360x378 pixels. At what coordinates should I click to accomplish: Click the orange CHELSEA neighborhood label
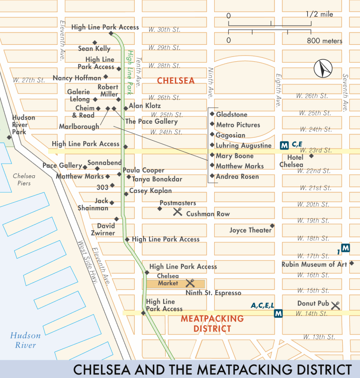[x=175, y=81]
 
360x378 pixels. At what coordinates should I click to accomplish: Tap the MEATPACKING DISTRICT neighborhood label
[x=212, y=323]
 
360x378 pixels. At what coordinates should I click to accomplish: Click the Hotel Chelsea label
[x=291, y=161]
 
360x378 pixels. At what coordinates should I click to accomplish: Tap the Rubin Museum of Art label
[x=314, y=264]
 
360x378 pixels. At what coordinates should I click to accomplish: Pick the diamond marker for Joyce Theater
[x=272, y=226]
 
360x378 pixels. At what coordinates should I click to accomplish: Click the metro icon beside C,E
[x=284, y=145]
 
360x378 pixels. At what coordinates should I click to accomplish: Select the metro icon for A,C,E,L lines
[x=279, y=314]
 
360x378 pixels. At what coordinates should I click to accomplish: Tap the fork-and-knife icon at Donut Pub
[x=335, y=306]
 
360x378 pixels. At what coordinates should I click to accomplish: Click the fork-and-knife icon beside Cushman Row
[x=177, y=212]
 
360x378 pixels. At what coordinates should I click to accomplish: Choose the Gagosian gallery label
[x=230, y=135]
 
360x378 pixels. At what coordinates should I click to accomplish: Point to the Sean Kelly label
[x=94, y=49]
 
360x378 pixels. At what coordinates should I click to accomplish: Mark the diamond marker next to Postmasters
[x=159, y=208]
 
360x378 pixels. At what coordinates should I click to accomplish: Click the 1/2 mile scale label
[x=320, y=14]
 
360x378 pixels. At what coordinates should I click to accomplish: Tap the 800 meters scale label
[x=324, y=41]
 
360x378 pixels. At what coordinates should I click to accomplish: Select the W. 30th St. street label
[x=164, y=29]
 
